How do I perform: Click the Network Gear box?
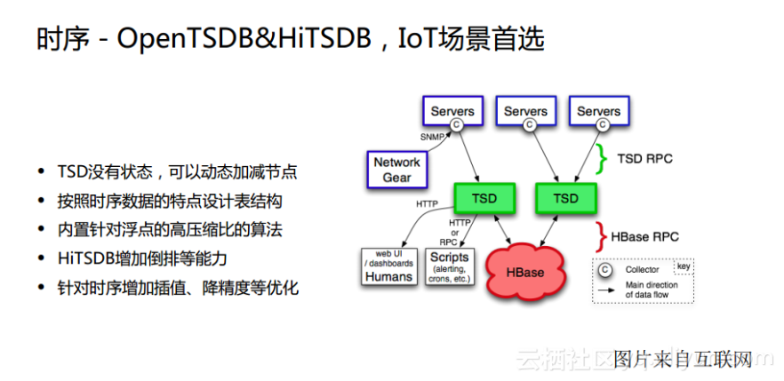pos(396,170)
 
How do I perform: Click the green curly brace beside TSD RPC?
pos(602,159)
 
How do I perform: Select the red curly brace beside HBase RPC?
pos(602,237)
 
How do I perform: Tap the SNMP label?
pos(432,137)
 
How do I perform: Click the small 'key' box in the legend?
pos(683,266)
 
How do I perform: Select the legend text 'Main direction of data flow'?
pos(652,290)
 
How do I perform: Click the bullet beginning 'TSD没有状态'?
pos(177,171)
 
